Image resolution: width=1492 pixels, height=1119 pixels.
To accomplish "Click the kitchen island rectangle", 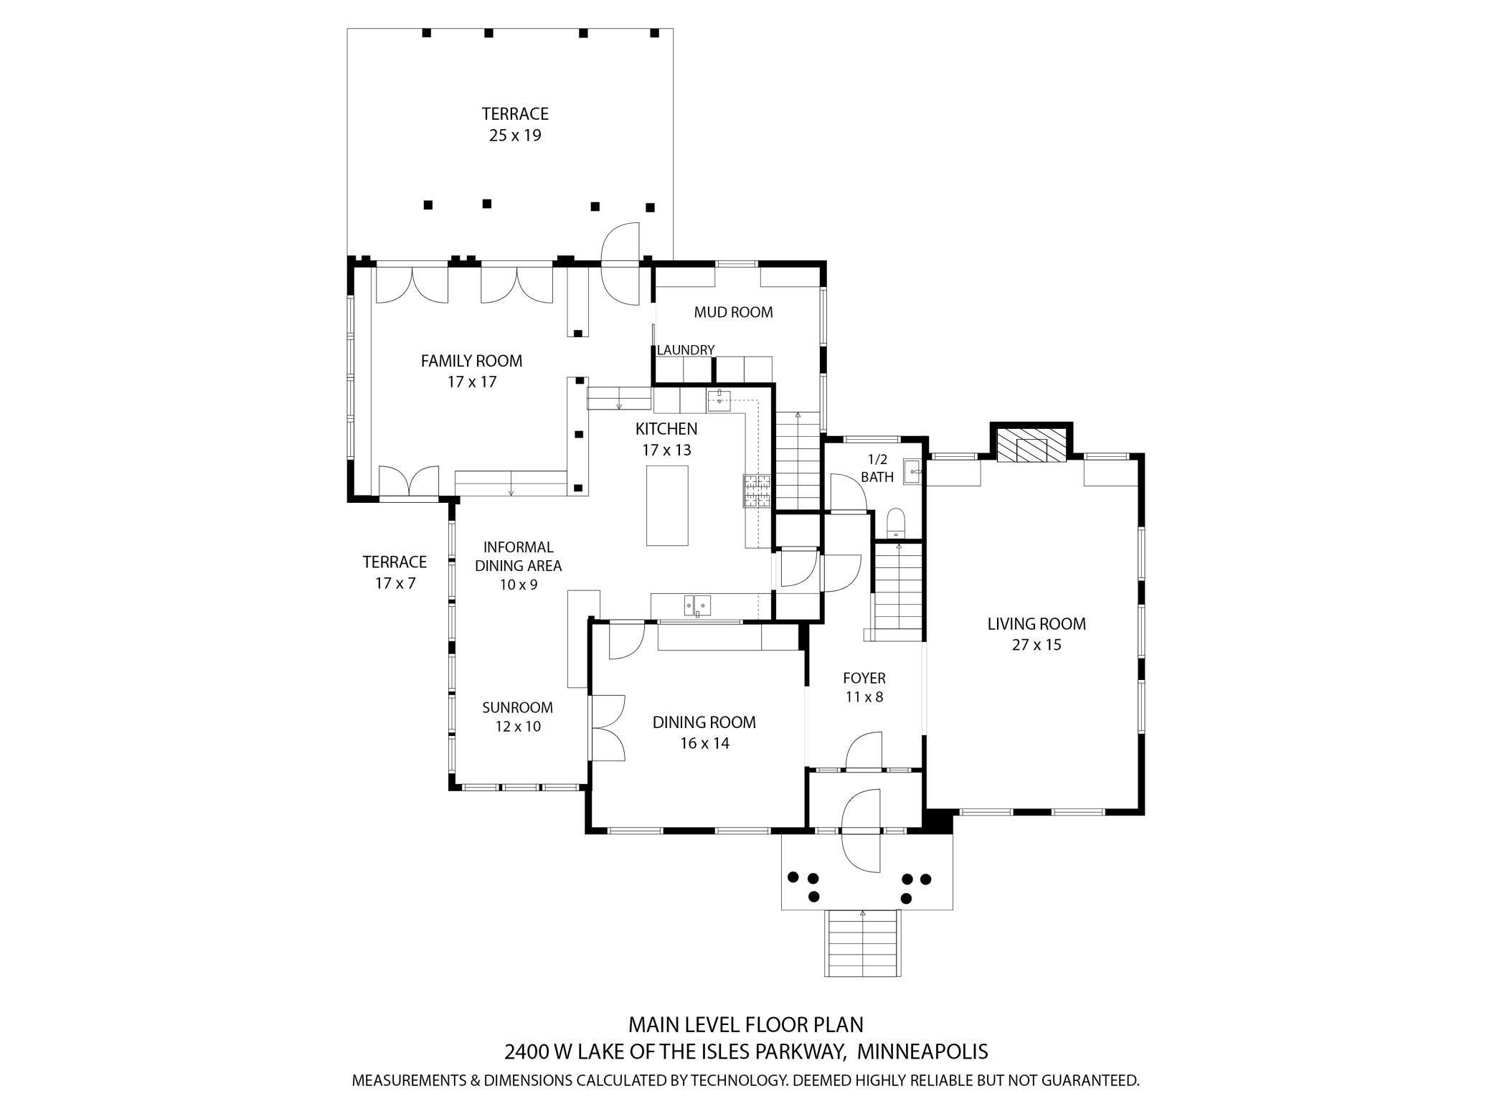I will tap(666, 506).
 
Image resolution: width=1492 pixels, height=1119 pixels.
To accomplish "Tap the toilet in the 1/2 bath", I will tap(896, 523).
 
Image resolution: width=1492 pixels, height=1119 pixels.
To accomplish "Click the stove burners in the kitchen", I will tap(757, 491).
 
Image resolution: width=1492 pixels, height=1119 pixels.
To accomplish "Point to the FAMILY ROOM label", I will tap(471, 361).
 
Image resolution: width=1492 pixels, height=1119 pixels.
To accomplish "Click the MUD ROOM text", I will tap(733, 312).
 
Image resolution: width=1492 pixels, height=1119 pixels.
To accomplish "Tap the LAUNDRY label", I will tap(686, 350).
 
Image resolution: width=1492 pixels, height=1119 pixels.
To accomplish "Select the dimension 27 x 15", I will tap(1037, 645).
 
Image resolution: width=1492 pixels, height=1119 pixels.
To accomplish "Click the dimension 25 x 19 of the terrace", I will tap(515, 136).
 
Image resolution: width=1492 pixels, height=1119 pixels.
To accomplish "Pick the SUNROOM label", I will tap(517, 708).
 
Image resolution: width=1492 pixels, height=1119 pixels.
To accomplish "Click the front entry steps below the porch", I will tap(863, 943).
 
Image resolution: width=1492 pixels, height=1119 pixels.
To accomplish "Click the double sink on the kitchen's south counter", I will tap(696, 605).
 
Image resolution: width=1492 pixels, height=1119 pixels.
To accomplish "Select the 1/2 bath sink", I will tap(912, 471).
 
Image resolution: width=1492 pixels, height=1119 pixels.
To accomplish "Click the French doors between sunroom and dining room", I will tap(607, 727).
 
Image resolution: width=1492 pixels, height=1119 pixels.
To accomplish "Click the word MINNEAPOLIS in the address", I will tap(922, 1052).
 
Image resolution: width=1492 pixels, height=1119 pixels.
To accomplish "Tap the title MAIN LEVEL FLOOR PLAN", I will tap(746, 1024).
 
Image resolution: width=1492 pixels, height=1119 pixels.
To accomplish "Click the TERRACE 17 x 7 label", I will tap(395, 572).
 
